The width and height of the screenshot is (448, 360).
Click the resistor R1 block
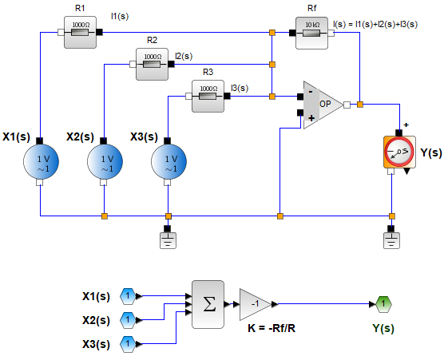click(80, 33)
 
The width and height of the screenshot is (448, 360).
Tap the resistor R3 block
click(208, 97)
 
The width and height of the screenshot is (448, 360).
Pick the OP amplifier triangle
click(322, 105)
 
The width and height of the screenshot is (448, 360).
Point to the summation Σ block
click(207, 304)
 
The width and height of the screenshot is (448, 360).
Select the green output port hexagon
click(383, 304)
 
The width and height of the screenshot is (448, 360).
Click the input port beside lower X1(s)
click(128, 296)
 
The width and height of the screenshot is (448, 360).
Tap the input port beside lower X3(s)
click(128, 344)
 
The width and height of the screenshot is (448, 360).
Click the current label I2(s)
click(183, 56)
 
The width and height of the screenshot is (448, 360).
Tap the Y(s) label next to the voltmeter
click(430, 152)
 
